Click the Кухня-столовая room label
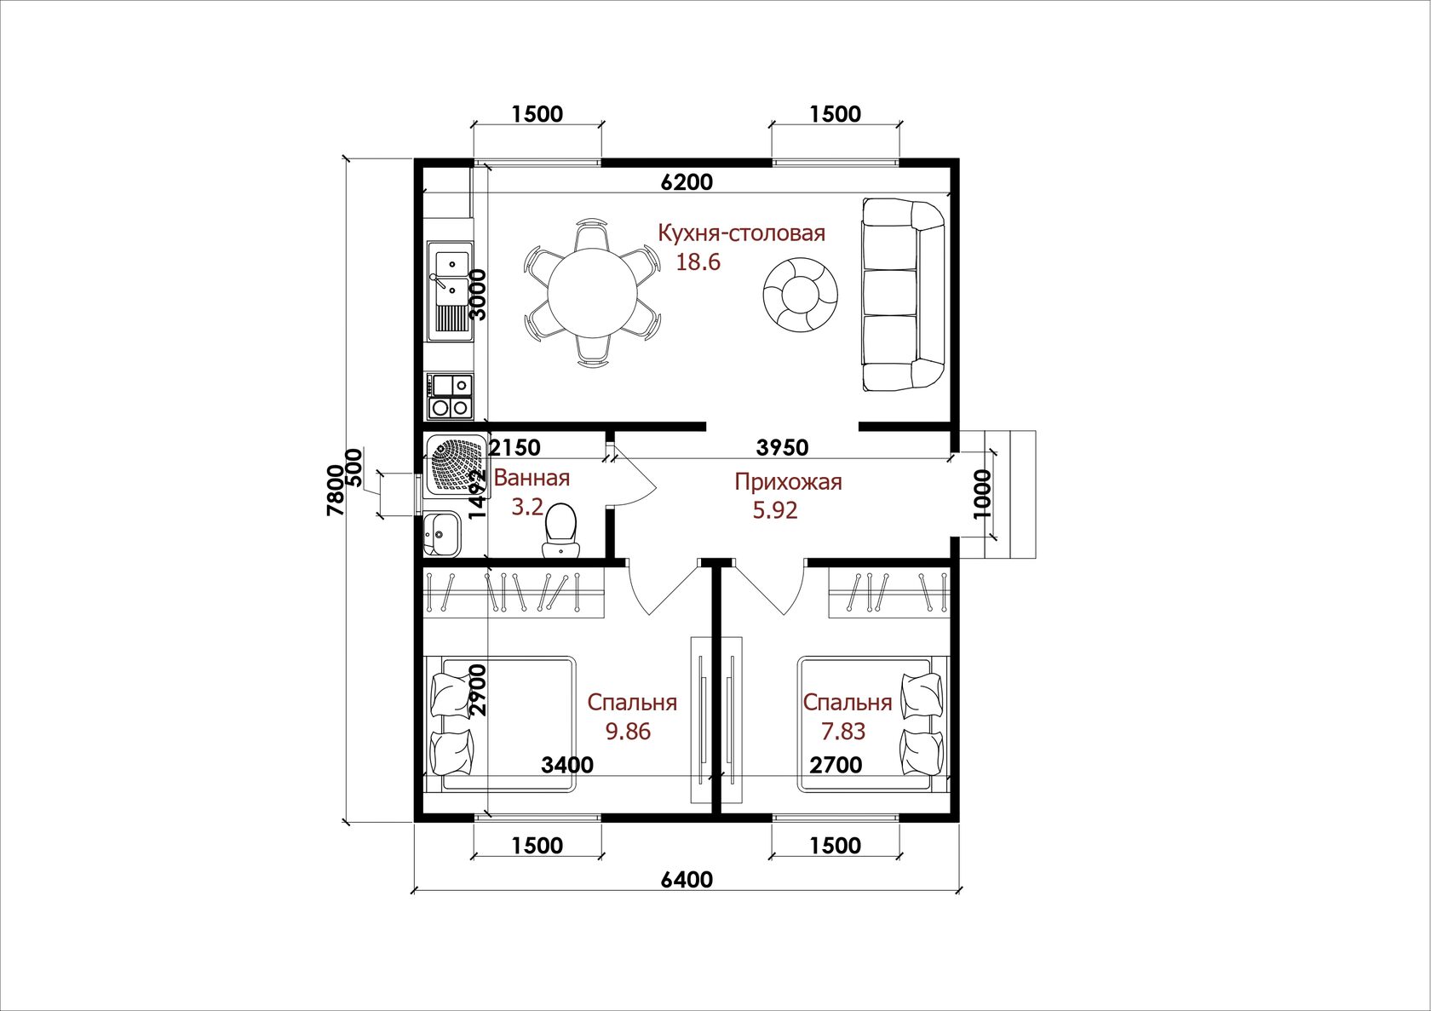click(x=742, y=233)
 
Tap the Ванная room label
click(x=532, y=478)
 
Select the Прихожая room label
click(x=788, y=481)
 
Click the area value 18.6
click(x=698, y=261)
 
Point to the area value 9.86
click(x=628, y=732)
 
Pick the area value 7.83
click(x=843, y=732)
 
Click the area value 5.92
click(x=775, y=511)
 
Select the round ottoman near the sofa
click(x=800, y=295)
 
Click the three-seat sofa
click(x=903, y=295)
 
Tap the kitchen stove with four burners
click(x=451, y=397)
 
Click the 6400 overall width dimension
click(x=687, y=880)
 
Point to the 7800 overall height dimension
click(x=336, y=490)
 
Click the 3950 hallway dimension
click(x=783, y=448)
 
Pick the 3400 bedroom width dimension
click(x=567, y=765)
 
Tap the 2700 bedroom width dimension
click(x=836, y=765)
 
